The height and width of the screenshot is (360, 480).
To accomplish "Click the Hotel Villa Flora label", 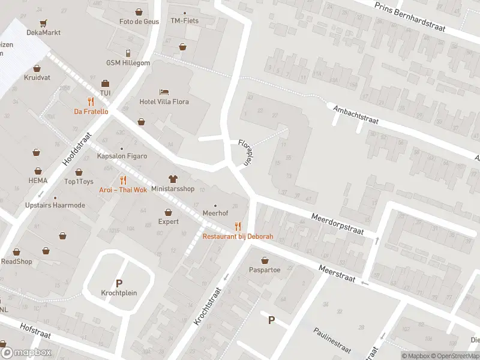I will click(x=164, y=101).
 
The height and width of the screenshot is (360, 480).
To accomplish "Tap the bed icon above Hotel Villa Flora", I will click(x=164, y=92).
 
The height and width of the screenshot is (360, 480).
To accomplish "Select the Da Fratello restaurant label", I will click(x=91, y=111).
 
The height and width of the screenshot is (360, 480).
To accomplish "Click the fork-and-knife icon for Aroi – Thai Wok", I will click(x=123, y=180).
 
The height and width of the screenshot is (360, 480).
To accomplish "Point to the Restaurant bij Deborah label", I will click(x=238, y=236).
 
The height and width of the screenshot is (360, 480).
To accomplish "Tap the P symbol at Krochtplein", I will click(x=119, y=283).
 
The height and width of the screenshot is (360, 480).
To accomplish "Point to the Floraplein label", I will click(x=244, y=152).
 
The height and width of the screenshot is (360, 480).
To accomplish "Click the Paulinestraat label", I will click(x=331, y=340).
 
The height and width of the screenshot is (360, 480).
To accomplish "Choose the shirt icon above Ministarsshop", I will click(x=173, y=179).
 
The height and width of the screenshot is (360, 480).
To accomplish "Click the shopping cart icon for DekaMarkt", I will click(x=43, y=23).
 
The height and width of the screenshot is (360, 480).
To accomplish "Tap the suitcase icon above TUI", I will click(x=105, y=83).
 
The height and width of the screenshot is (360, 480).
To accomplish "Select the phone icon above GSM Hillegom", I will click(x=128, y=53).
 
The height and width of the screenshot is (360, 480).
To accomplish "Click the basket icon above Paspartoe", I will click(x=265, y=260).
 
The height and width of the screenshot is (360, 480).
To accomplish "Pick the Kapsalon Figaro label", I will click(x=122, y=156).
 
